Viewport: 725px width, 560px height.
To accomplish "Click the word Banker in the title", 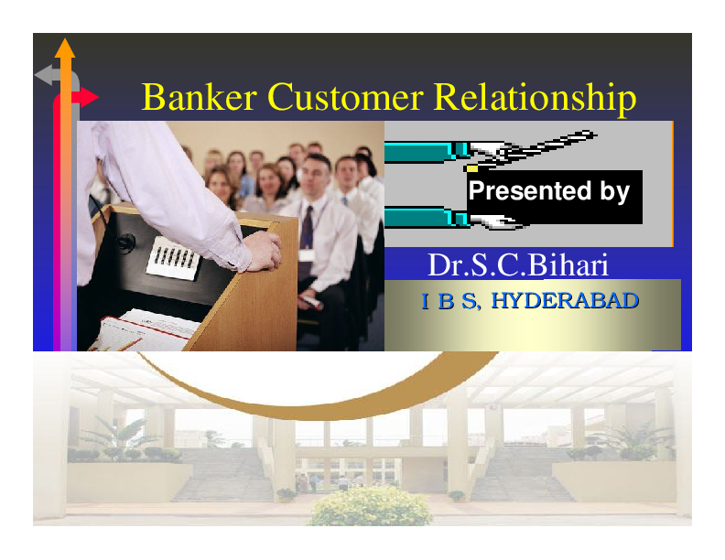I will point(189,97).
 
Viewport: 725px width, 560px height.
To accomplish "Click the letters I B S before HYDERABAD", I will point(449,301).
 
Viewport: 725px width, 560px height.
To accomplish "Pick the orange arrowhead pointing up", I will point(64,48).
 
